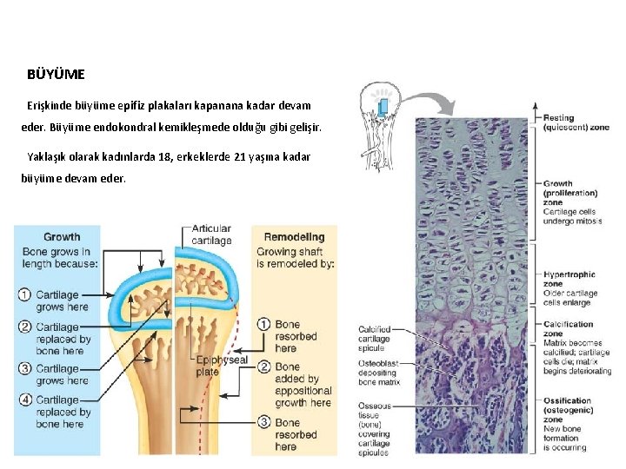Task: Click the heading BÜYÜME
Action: click(x=57, y=76)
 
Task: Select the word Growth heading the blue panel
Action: click(x=62, y=236)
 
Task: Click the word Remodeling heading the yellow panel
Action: click(x=294, y=236)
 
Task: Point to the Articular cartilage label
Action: click(x=211, y=234)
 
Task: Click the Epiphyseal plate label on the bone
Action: click(x=221, y=365)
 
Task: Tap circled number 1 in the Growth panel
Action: click(x=25, y=295)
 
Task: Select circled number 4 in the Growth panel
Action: click(x=25, y=400)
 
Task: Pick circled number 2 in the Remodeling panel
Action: click(x=263, y=367)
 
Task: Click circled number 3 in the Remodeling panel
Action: click(x=263, y=422)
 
